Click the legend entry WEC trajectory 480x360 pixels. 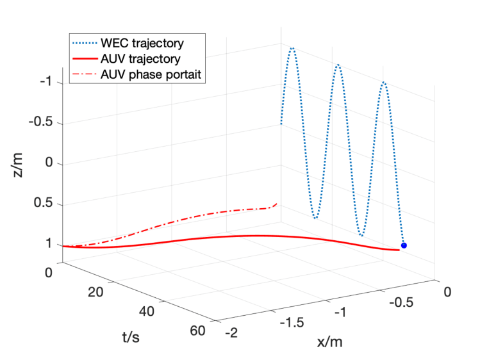[142, 44]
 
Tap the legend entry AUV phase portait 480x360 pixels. [151, 74]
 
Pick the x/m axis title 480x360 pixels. [329, 342]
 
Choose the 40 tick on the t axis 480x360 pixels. [147, 312]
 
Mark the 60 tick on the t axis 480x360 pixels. [197, 331]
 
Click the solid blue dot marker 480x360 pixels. [403, 245]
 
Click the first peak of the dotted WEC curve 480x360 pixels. [292, 48]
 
